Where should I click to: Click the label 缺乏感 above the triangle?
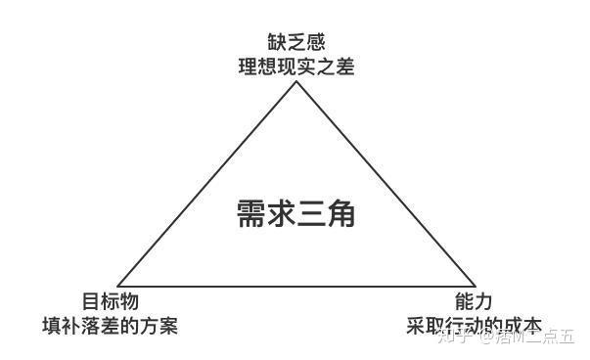295,42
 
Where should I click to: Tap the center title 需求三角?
295,212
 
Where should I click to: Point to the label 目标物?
110,301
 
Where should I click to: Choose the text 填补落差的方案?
110,326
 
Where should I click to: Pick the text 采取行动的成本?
474,326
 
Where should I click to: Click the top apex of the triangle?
295,82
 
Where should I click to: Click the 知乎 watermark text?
452,338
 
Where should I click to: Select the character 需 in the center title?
251,212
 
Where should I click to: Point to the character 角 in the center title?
340,212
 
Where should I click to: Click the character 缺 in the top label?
277,42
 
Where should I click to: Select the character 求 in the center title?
281,212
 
